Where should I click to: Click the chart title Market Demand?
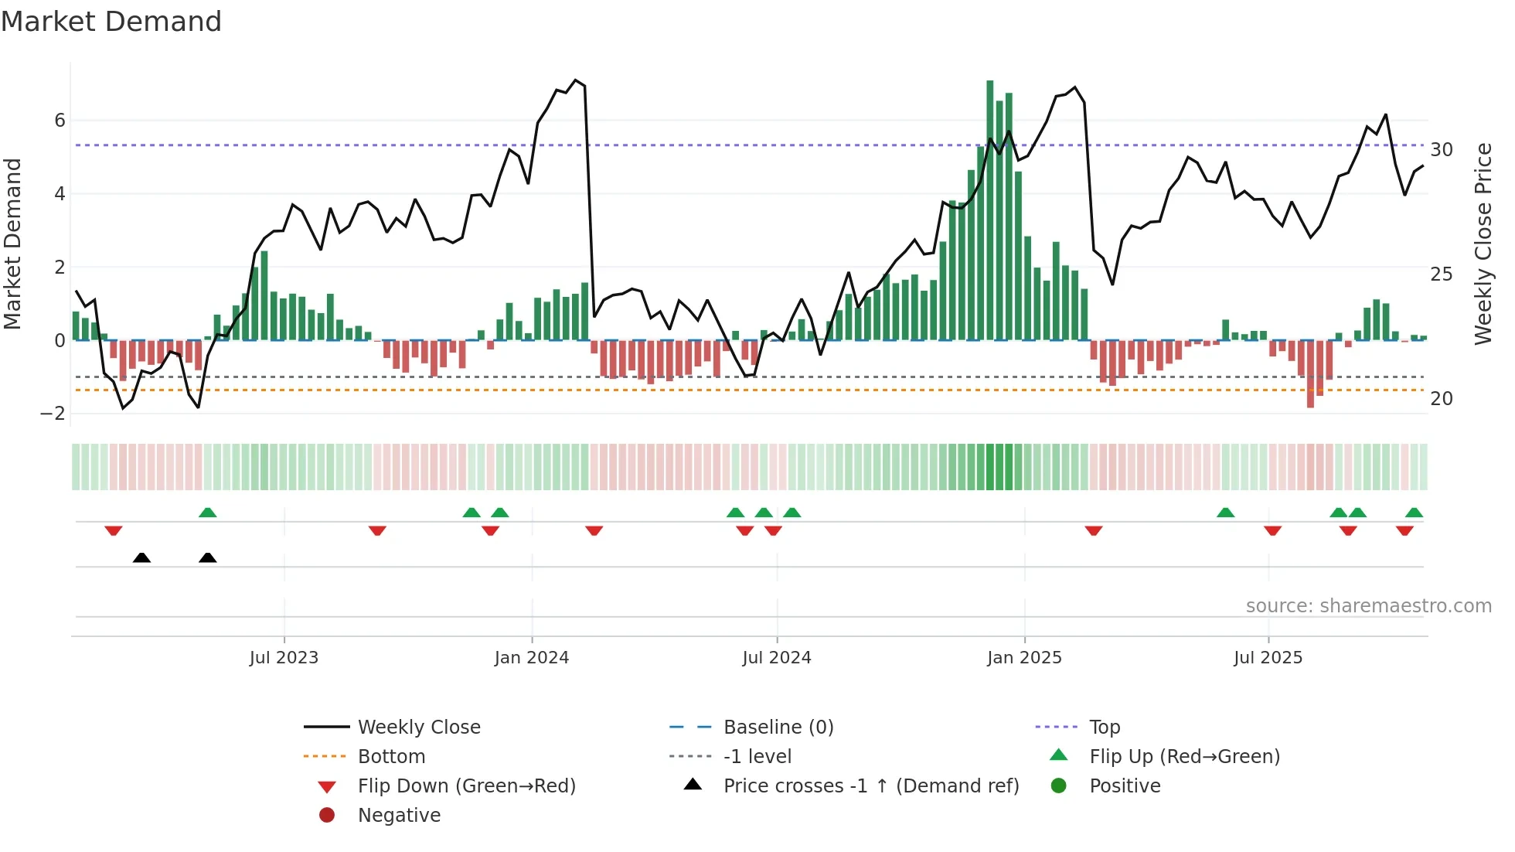(111, 22)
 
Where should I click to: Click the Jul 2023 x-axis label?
(284, 658)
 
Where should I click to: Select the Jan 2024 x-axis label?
(532, 658)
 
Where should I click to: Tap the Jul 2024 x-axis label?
(777, 658)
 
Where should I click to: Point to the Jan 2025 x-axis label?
(1024, 658)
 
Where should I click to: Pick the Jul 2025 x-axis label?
(1268, 658)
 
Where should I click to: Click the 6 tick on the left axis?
(60, 121)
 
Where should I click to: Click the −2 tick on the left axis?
(53, 414)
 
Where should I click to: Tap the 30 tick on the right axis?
(1442, 150)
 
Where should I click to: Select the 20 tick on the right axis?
(1442, 399)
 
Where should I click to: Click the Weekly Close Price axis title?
(1483, 244)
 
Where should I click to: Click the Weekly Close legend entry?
(418, 728)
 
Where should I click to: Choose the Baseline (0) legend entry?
(778, 728)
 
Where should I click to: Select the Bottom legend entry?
(391, 757)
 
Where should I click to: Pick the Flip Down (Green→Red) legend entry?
(466, 786)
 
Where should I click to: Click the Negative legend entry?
(399, 816)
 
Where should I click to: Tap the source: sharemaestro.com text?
(1368, 606)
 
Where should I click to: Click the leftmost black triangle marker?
(141, 557)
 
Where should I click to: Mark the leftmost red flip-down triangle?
(114, 530)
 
